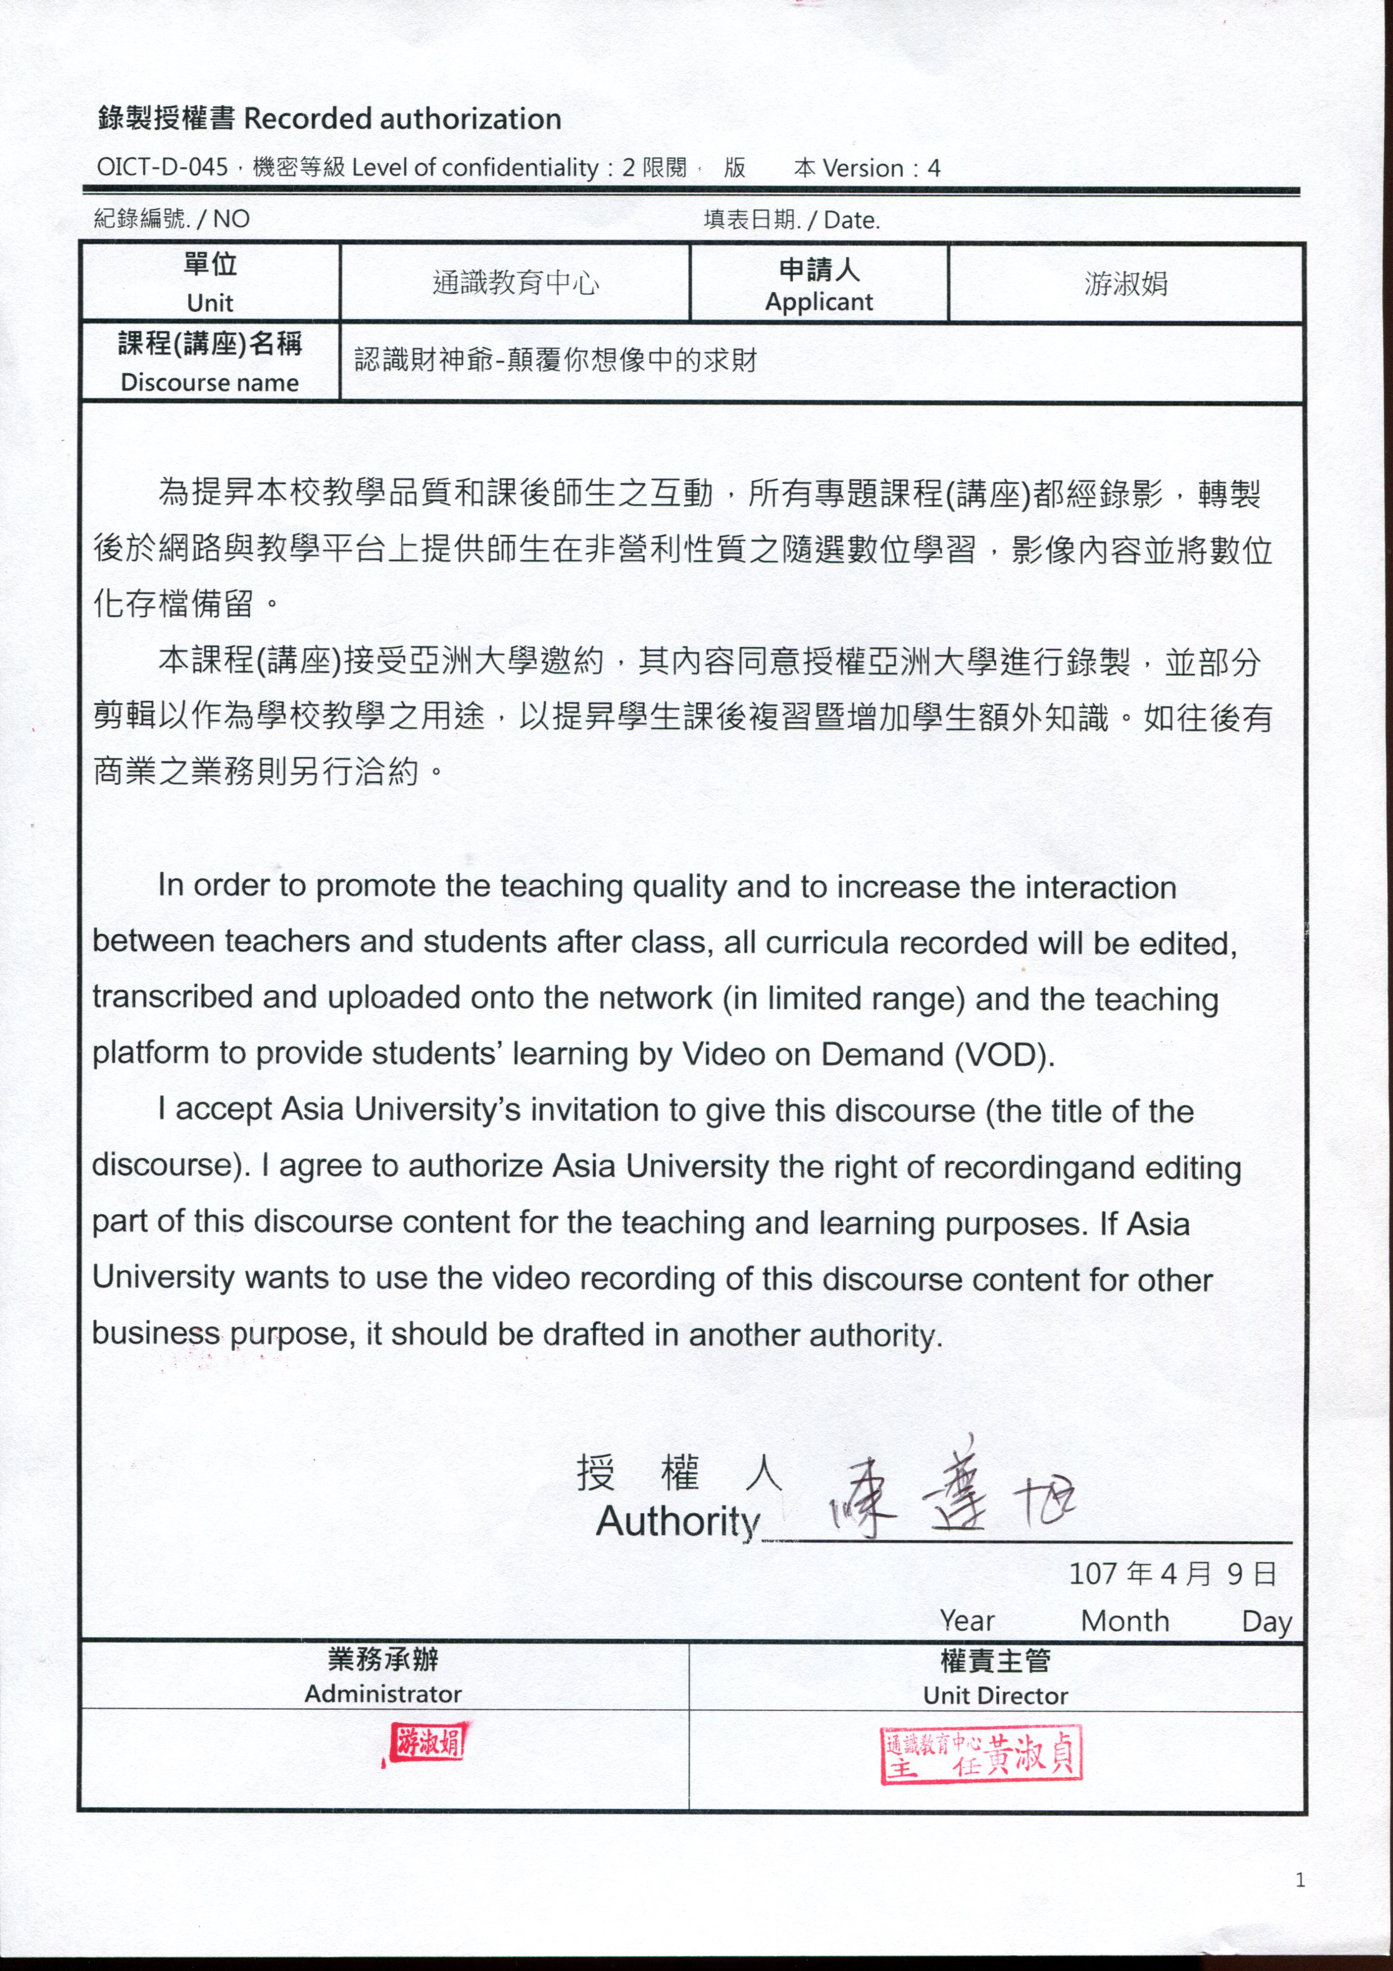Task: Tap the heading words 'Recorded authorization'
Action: point(403,119)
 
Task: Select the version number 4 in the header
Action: point(934,169)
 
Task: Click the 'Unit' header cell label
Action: point(211,302)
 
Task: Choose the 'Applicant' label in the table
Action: point(819,302)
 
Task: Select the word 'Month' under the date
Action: point(1125,1621)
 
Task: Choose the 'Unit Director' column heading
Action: point(995,1695)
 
